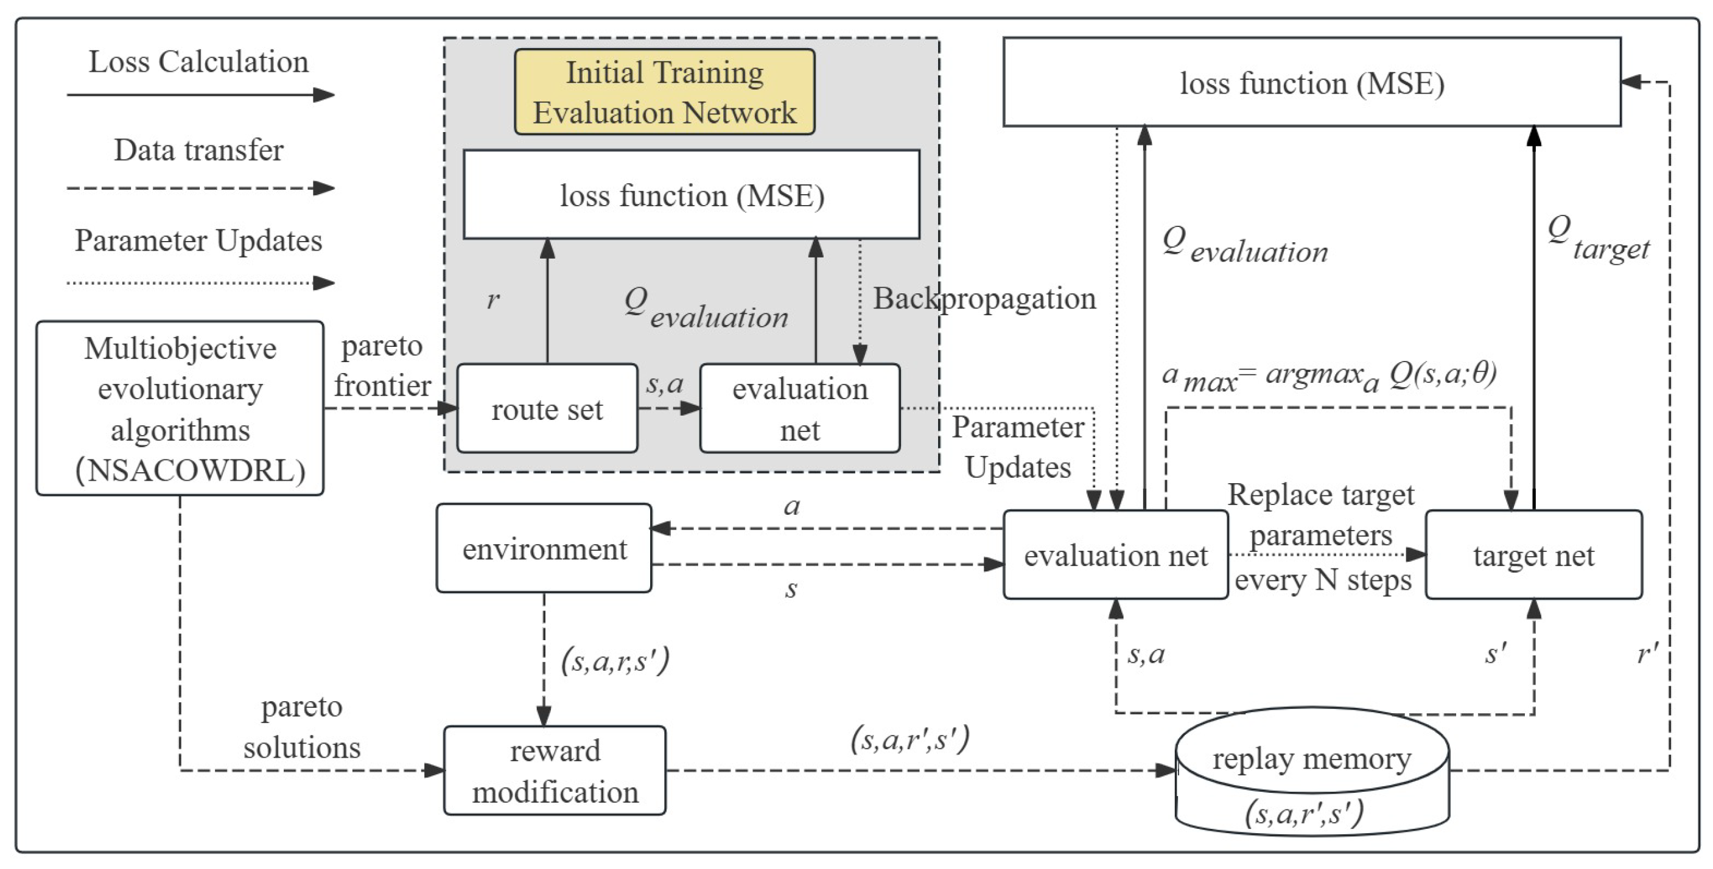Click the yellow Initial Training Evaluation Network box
click(x=664, y=92)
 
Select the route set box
click(x=547, y=408)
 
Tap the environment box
click(x=544, y=548)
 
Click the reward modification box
click(x=555, y=770)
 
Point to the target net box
click(x=1533, y=555)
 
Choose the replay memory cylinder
click(x=1311, y=771)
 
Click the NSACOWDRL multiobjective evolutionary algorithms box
click(x=180, y=408)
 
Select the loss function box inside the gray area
click(x=692, y=195)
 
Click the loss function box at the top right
click(x=1311, y=82)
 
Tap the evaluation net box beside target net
click(x=1115, y=555)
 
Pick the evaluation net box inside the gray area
click(x=799, y=408)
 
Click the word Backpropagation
click(x=984, y=299)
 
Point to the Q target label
click(x=1597, y=238)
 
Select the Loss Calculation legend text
click(x=199, y=62)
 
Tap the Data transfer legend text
click(x=199, y=150)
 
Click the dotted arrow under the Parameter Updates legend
click(x=200, y=283)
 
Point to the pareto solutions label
click(x=301, y=727)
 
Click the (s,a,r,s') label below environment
click(x=615, y=661)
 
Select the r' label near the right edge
click(x=1648, y=654)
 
